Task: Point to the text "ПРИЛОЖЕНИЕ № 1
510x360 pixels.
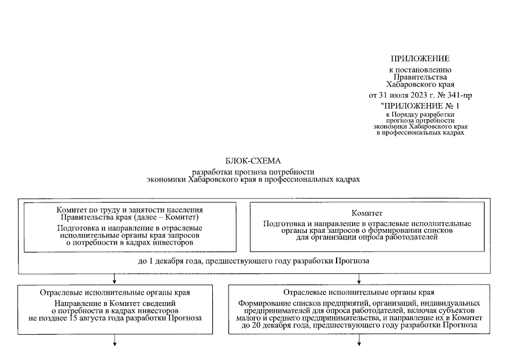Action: point(420,105)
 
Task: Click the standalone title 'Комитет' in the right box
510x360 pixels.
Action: point(367,213)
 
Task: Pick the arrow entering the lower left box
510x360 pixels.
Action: point(115,279)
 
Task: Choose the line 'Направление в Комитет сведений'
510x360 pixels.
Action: point(115,303)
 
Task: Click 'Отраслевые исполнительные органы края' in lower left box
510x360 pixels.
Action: point(115,293)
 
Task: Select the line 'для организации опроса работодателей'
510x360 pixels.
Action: point(367,237)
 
